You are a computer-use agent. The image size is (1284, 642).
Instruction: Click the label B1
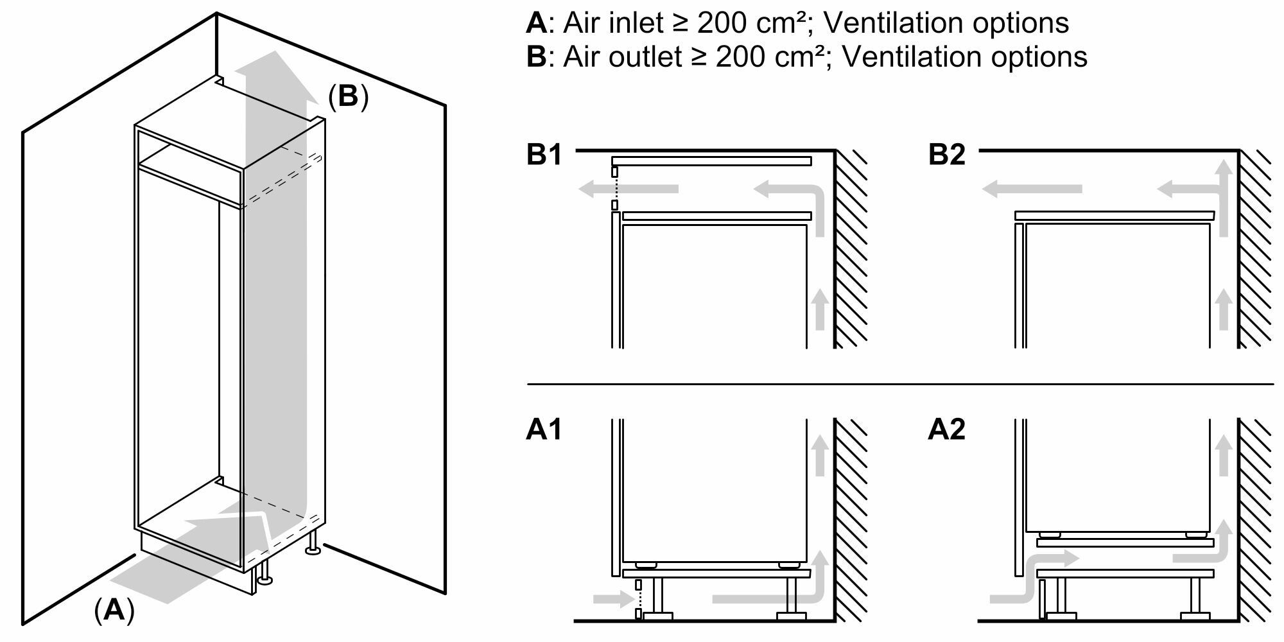pyautogui.click(x=544, y=155)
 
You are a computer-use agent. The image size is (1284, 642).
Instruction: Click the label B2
pyautogui.click(x=946, y=155)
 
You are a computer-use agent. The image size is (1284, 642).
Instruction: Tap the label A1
pyautogui.click(x=543, y=429)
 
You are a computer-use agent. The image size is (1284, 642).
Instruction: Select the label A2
pyautogui.click(x=946, y=429)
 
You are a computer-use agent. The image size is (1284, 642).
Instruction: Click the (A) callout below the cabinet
pyautogui.click(x=114, y=609)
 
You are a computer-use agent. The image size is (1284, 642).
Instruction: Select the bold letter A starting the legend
pyautogui.click(x=535, y=23)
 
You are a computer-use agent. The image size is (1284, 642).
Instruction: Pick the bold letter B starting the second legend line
pyautogui.click(x=535, y=56)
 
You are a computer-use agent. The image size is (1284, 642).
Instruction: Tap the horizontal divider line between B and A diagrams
pyautogui.click(x=899, y=384)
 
